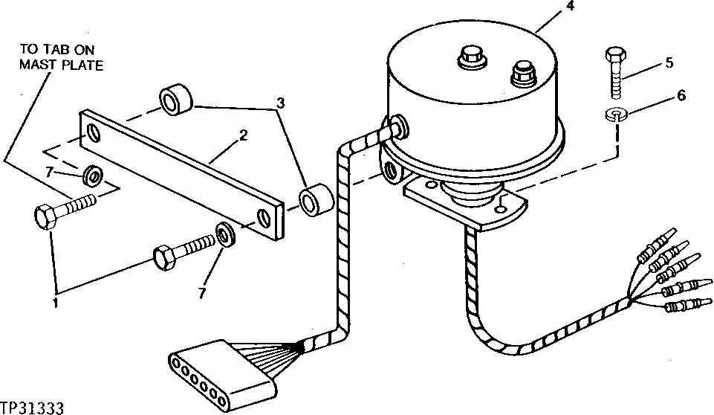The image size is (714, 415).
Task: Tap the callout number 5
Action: pos(669,62)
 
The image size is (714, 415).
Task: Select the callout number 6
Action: pos(681,95)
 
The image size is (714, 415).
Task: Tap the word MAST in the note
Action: pos(35,65)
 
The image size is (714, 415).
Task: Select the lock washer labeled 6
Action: pos(616,115)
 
